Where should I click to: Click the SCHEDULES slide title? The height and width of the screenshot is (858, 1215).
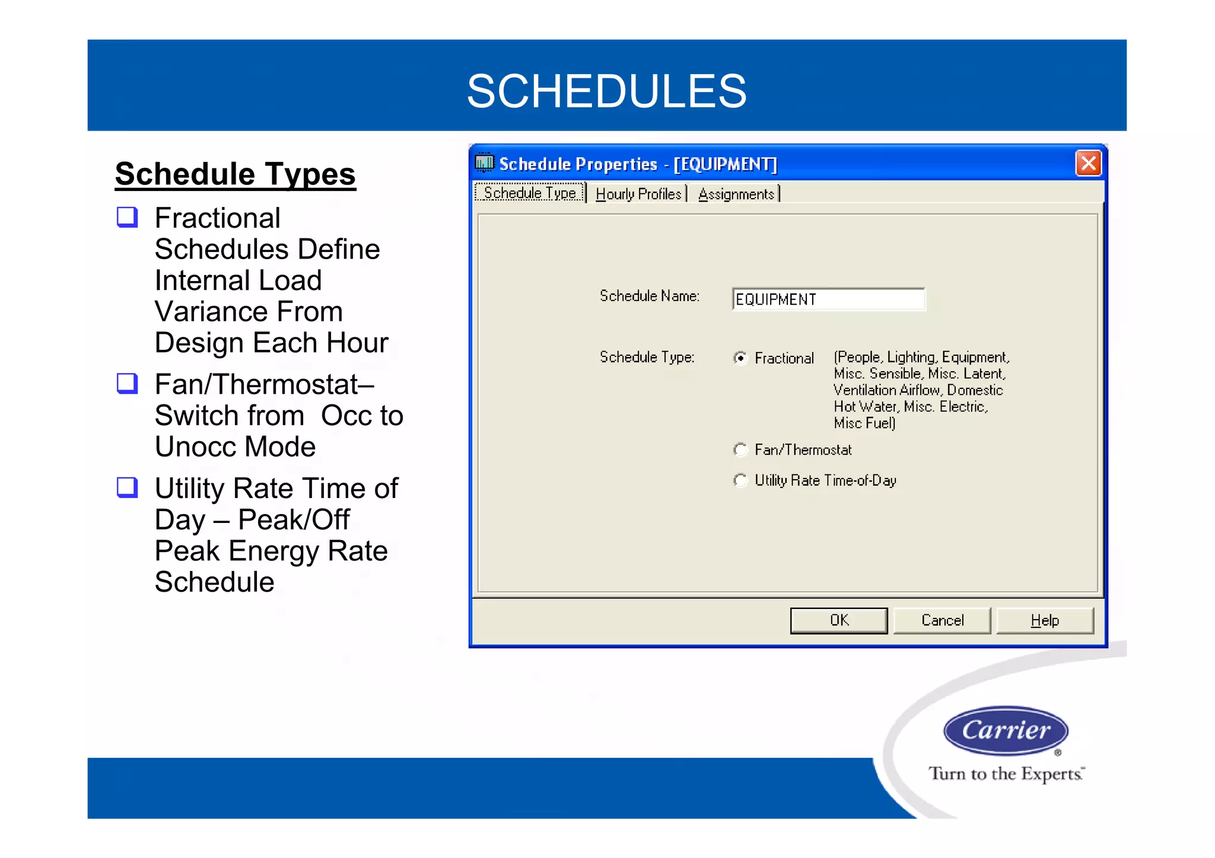click(606, 91)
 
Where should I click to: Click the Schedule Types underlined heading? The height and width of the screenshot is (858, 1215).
click(236, 174)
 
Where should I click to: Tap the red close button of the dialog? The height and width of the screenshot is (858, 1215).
click(1088, 163)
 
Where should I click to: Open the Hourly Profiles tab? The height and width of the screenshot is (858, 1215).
click(638, 194)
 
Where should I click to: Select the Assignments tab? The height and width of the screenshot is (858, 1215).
click(736, 194)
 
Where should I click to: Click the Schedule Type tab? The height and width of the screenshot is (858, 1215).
click(530, 193)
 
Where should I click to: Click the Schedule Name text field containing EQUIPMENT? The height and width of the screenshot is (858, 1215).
click(828, 299)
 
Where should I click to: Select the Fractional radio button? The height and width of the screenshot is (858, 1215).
click(740, 358)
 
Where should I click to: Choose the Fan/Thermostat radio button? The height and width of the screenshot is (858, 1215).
click(740, 450)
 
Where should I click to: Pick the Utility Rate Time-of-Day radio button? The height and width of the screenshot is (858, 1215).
click(740, 480)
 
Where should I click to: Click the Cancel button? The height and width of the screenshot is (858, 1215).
click(942, 620)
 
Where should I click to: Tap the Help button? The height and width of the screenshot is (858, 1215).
click(1045, 620)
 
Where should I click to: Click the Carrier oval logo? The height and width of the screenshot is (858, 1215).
click(1006, 731)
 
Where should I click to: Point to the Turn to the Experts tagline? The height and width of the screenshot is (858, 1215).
click(1006, 774)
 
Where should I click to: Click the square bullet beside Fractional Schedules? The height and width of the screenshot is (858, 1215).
click(128, 217)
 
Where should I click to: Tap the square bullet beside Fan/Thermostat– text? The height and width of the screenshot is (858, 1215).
click(128, 383)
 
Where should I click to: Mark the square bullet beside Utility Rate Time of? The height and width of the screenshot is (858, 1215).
click(128, 487)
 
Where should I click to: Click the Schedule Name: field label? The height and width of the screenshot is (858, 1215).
click(650, 296)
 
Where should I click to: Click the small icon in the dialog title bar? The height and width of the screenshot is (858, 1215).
click(485, 162)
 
